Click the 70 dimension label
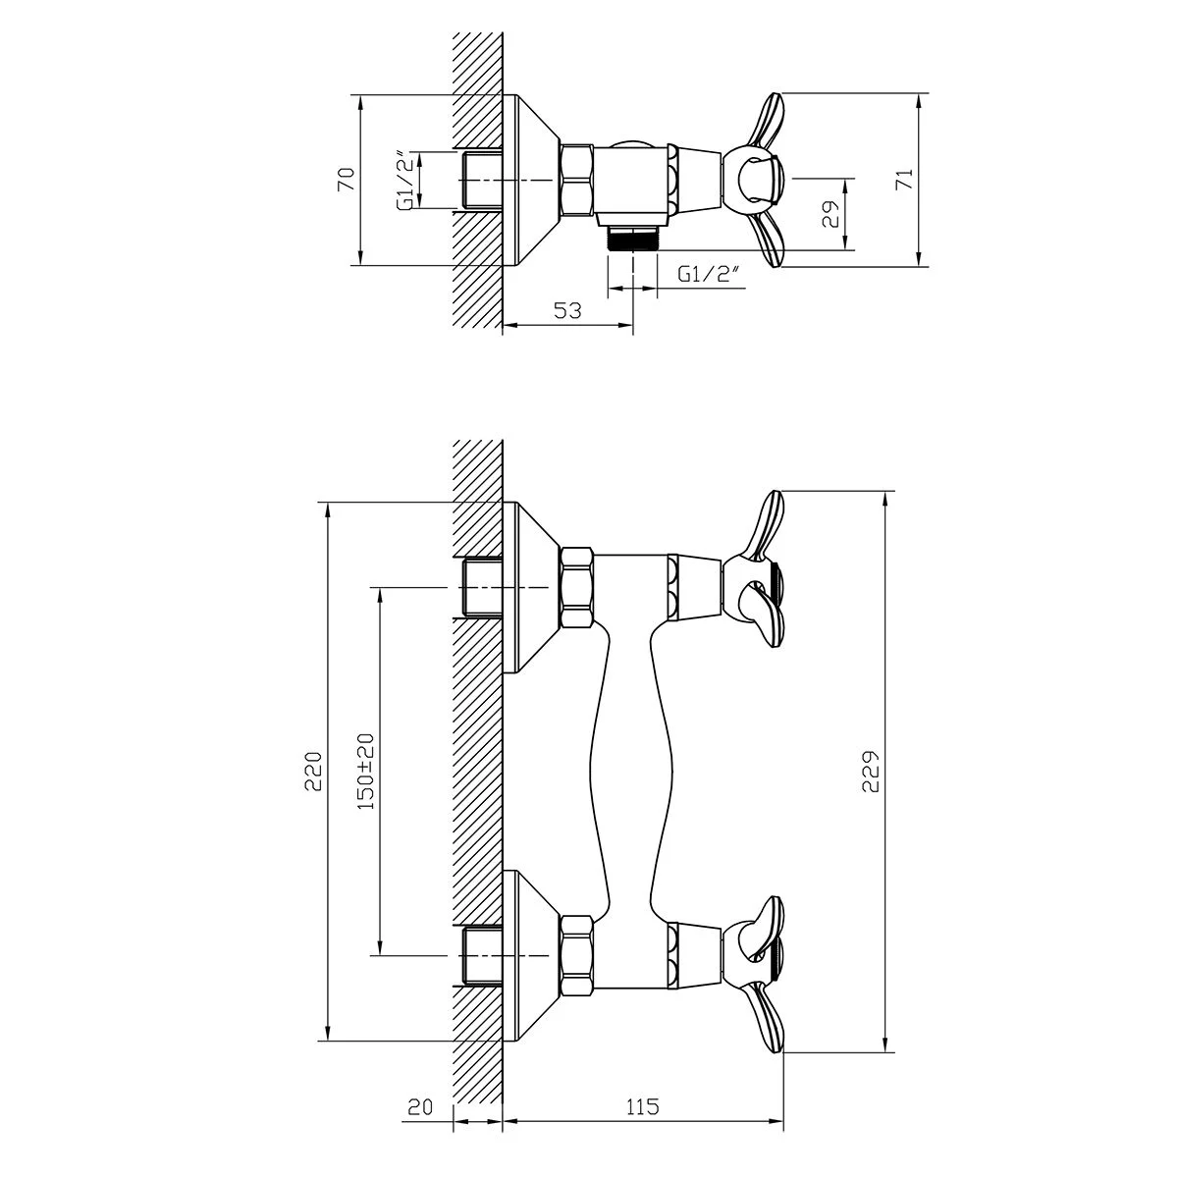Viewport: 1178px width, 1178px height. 347,179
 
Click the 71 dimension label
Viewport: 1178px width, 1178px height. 904,179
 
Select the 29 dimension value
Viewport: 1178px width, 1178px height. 830,214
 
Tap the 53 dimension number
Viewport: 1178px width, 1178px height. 567,310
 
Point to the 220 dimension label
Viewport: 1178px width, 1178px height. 313,771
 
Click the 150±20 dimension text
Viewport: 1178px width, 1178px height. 365,772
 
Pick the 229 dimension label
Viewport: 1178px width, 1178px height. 871,771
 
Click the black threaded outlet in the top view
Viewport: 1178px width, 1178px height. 632,239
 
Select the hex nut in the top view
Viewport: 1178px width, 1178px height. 577,180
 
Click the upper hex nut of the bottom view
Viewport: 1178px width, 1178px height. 577,587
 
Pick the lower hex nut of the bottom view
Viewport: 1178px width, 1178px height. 577,955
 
